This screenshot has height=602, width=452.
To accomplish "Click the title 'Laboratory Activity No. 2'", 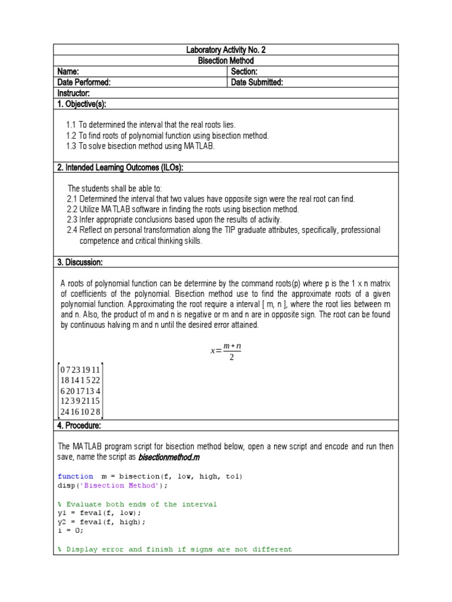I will tap(226, 50).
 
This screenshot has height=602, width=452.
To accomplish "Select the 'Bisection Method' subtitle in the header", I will tap(226, 61).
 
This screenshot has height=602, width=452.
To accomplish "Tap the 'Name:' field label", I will tap(68, 72).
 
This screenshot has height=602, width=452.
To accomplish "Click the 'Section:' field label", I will tap(244, 72).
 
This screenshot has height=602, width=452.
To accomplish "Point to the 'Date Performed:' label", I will tap(84, 82).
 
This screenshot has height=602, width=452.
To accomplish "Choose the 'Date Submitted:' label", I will tap(257, 82).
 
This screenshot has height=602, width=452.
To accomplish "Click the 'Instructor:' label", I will tap(74, 93).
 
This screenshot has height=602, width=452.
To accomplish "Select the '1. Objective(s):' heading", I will tap(82, 104).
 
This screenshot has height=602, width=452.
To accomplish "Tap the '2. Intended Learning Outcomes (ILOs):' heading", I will tap(120, 168).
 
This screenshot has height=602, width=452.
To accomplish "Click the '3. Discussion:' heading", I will tap(80, 262).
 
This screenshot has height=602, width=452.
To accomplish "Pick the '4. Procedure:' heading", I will tap(79, 425).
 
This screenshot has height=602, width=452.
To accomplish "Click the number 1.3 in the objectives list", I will tap(71, 146).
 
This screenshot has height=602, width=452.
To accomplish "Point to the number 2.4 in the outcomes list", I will tap(72, 230).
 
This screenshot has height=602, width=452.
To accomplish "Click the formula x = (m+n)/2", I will tap(226, 351).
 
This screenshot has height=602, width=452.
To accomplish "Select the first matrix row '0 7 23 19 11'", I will tap(80, 369).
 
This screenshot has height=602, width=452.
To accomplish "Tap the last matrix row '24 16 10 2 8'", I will tap(80, 412).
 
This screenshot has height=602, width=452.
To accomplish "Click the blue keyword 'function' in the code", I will tap(75, 476).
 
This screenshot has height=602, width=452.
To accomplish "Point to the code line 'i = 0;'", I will tap(71, 530).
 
